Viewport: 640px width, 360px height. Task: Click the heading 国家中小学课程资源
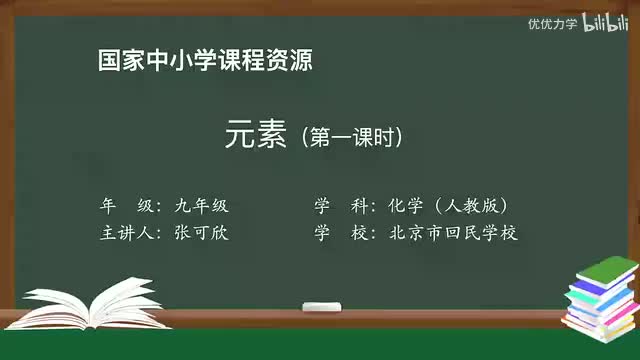click(205, 60)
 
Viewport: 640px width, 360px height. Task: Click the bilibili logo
click(603, 23)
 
